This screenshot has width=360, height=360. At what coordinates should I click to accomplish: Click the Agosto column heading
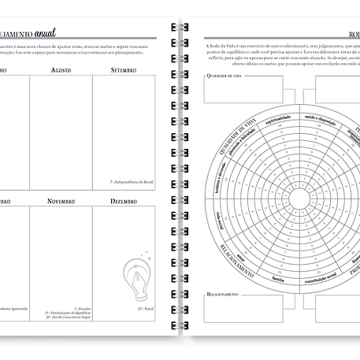[61, 69]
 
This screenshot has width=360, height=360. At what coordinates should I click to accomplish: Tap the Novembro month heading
[61, 202]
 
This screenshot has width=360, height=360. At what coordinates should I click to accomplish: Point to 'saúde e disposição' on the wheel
[319, 117]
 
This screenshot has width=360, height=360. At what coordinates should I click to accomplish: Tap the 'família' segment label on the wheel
[277, 278]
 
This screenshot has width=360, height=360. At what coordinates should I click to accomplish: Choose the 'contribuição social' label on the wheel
[319, 278]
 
